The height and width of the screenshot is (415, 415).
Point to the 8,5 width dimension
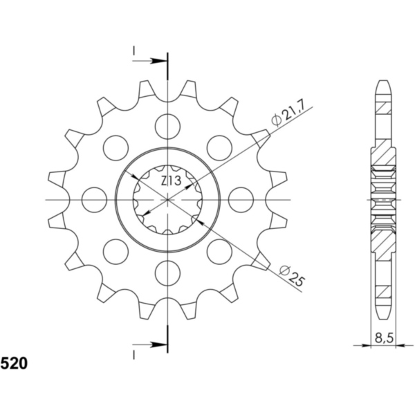[381, 338]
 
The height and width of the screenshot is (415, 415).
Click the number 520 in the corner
[14, 362]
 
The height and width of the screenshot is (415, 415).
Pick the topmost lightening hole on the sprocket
[167, 125]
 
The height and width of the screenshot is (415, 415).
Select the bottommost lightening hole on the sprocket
[167, 273]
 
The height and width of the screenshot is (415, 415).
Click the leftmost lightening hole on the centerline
[93, 199]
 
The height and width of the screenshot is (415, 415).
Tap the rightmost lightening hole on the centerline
[241, 199]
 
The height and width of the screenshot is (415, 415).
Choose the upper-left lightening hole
[116, 147]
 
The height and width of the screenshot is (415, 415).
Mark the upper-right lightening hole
[219, 147]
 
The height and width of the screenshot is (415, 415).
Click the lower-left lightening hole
[116, 251]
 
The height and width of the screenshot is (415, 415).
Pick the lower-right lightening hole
[219, 251]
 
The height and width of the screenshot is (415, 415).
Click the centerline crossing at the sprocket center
[167, 199]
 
